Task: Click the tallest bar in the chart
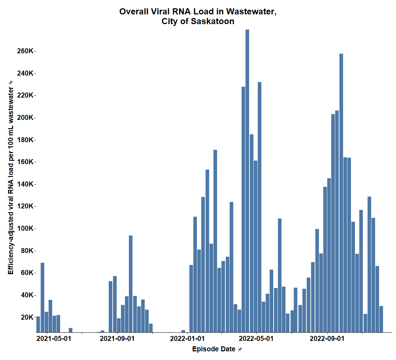point(247,180)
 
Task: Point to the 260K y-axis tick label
point(25,51)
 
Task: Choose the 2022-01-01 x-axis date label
point(187,339)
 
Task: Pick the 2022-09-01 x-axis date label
point(327,339)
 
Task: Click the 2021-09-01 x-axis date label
point(117,339)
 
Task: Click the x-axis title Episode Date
point(214,349)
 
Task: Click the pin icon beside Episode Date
point(240,349)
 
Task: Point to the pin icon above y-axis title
point(11,82)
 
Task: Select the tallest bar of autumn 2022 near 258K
point(341,193)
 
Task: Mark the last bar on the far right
point(381,319)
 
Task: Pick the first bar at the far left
point(38,324)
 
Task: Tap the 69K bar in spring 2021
point(42,297)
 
